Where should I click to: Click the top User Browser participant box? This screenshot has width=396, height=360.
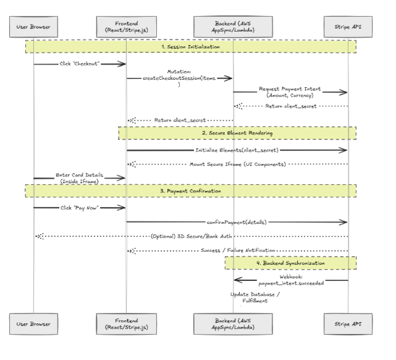click(33, 27)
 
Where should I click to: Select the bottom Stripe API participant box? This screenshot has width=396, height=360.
click(348, 324)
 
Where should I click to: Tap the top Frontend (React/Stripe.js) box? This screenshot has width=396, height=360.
click(127, 27)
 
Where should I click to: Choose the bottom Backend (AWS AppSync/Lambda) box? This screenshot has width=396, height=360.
click(233, 324)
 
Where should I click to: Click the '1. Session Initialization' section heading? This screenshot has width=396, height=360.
click(191, 47)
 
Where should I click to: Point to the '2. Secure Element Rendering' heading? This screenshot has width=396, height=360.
click(237, 133)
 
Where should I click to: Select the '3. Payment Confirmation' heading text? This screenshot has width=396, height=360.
click(190, 191)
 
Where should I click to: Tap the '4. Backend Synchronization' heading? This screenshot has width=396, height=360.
click(291, 263)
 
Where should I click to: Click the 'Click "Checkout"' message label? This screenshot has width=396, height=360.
click(80, 64)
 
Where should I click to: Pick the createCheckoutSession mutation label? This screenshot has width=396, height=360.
click(179, 78)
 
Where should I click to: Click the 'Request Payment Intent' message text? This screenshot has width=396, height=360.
click(290, 92)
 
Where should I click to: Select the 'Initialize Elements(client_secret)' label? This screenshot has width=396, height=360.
click(237, 150)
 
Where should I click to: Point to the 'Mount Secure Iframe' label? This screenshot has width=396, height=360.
click(238, 165)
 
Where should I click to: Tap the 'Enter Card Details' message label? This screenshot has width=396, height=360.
click(79, 178)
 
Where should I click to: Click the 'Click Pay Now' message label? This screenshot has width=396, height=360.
click(79, 208)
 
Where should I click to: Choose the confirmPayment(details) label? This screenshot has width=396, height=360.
click(237, 222)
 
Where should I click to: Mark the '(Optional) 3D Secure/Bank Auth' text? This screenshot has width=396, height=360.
click(191, 236)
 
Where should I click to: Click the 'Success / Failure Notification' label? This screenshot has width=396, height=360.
click(238, 251)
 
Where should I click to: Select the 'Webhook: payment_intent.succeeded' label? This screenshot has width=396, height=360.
click(291, 280)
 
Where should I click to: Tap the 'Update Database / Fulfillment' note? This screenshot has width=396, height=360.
click(255, 298)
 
